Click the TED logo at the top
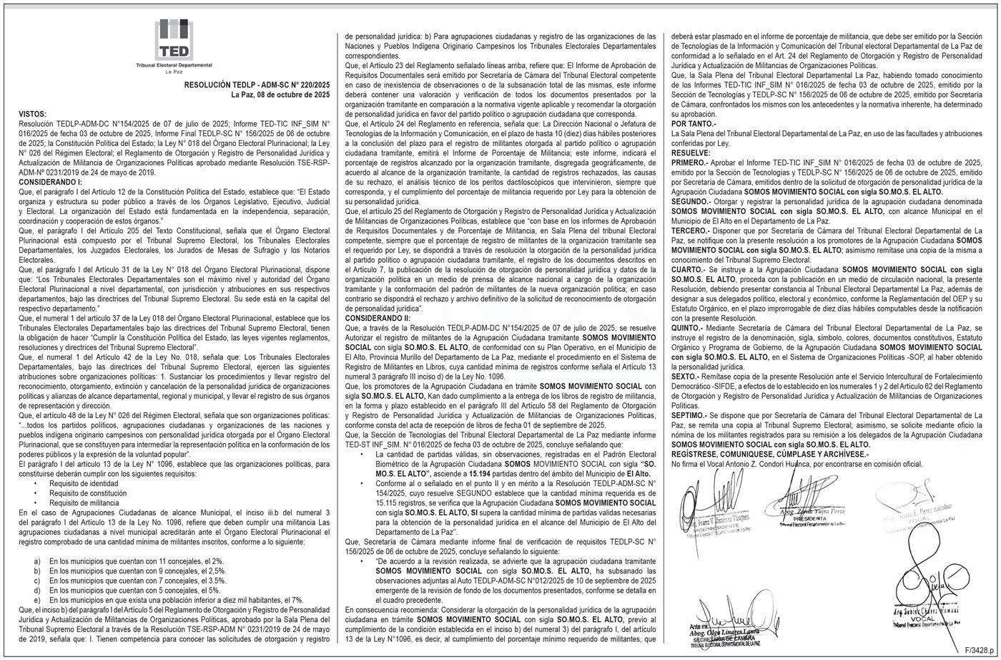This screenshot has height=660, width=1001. (174, 41)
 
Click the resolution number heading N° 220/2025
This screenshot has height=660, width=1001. (257, 84)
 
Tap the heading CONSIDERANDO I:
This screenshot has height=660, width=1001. (50, 183)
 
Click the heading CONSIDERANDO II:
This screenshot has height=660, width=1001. (378, 317)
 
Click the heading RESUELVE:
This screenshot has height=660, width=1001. (691, 153)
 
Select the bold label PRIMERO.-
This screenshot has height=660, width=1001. (689, 163)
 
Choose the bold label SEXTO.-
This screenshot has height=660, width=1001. (686, 376)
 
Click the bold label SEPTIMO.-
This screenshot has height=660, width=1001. (689, 414)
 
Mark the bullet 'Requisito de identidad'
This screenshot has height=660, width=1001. (84, 483)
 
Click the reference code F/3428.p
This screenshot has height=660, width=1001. (979, 649)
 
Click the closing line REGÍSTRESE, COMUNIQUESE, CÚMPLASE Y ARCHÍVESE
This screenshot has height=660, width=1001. (770, 454)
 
